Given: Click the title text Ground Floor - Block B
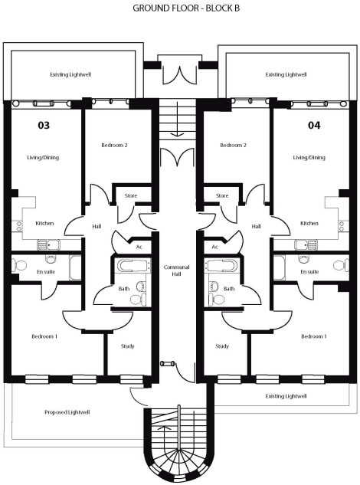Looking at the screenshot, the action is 186,8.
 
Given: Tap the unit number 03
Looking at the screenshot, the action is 44,125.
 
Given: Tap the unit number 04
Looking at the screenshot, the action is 314,125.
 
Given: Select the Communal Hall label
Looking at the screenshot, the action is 177,270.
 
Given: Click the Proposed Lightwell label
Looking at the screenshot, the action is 67,412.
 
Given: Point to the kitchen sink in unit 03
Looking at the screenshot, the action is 48,244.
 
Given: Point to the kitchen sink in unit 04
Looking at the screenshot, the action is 306,244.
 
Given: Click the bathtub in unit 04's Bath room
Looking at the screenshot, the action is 221,265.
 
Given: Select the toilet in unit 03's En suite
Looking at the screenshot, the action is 20,265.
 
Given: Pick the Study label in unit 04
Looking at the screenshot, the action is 222,346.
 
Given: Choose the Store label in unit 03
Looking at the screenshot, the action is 131,196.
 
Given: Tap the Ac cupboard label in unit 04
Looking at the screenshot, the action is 215,247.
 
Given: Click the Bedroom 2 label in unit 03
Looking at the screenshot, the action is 114,145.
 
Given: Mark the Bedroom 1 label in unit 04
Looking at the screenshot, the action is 314,336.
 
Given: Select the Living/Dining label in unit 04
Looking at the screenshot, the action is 309,157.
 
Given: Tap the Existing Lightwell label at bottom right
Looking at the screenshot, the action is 286,396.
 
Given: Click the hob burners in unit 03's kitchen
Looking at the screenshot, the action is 19,227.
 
